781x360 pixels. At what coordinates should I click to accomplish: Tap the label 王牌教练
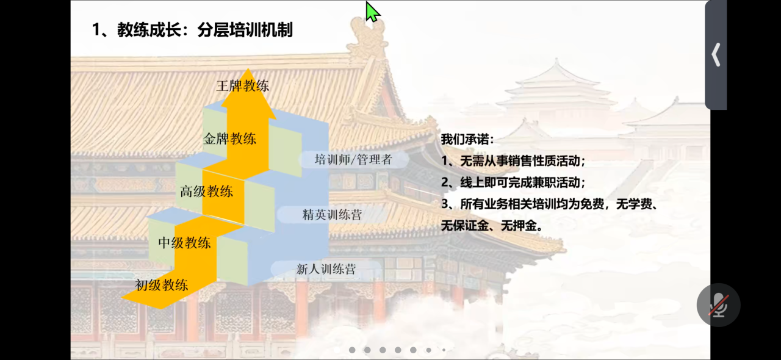[x=243, y=86]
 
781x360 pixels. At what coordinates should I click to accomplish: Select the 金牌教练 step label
[x=230, y=139]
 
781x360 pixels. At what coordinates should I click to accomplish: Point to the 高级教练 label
[x=206, y=192]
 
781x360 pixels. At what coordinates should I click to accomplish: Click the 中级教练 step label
[x=184, y=243]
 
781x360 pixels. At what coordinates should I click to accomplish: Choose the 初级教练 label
[x=162, y=286]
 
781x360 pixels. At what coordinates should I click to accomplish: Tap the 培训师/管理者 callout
[x=353, y=159]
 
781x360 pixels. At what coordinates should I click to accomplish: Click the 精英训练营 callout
[x=332, y=215]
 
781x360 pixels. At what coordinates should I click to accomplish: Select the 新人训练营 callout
[x=326, y=269]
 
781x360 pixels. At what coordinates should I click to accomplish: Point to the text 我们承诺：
[x=467, y=139]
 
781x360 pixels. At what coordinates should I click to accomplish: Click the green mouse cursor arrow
[x=372, y=12]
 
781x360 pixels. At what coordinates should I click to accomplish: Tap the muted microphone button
[x=718, y=305]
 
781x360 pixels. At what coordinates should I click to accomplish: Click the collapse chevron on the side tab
[x=716, y=55]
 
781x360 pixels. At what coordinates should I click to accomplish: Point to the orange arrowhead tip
[x=248, y=69]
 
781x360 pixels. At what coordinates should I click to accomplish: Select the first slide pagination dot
[x=352, y=350]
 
